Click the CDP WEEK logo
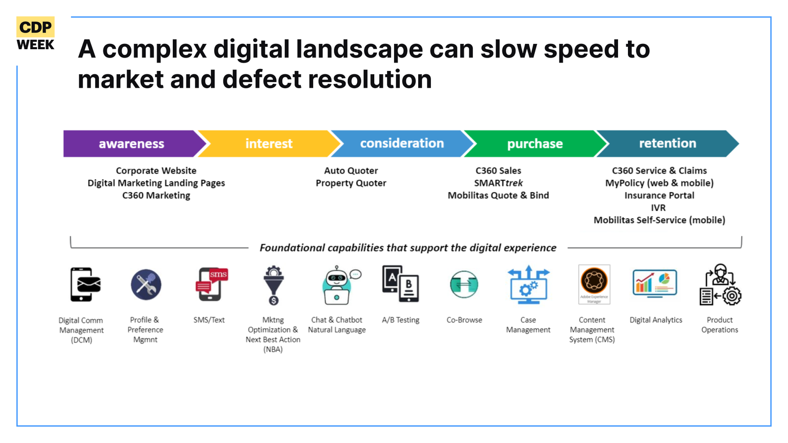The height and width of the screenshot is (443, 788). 35,34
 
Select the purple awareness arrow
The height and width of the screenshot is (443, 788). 132,143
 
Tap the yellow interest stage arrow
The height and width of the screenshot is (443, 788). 269,143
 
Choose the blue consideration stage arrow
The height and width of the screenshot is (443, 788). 402,143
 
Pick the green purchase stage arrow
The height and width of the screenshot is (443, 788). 535,143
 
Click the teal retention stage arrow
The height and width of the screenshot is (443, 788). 668,143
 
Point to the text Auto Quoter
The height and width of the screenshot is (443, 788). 351,170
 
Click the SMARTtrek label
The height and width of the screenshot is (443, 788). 498,183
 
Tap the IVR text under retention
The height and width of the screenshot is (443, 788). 658,208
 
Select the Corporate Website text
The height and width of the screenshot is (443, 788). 156,170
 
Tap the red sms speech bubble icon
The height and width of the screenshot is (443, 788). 218,274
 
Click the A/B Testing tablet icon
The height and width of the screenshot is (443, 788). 400,284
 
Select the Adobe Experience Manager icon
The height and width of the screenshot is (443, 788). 594,285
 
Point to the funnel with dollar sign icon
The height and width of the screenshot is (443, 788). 273,285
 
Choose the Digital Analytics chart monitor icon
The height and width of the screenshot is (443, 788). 655,284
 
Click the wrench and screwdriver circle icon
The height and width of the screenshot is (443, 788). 146,285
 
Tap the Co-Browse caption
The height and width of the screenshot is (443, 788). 464,320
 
